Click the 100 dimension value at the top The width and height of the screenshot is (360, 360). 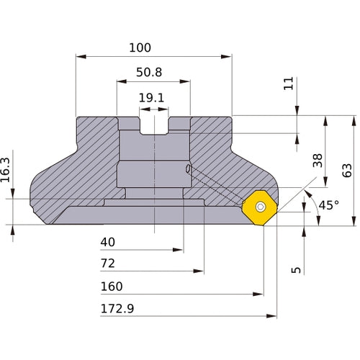[x=140, y=48]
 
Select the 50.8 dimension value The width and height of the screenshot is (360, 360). [x=149, y=72]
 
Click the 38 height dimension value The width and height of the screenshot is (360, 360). [x=317, y=160]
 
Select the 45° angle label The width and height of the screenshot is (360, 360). [x=328, y=205]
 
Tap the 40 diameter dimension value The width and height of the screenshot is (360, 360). [x=107, y=243]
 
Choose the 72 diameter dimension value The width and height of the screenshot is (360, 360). [x=107, y=264]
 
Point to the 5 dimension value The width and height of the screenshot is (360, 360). [x=296, y=270]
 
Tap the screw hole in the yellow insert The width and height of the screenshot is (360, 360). [x=260, y=208]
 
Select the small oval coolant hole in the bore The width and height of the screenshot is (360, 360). [x=189, y=169]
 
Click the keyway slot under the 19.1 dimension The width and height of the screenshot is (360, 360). [x=154, y=125]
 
